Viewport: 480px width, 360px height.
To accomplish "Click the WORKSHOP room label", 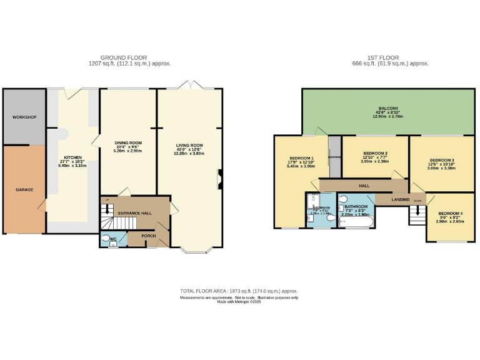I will coord(24,117).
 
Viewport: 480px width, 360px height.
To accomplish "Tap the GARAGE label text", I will coord(24,189).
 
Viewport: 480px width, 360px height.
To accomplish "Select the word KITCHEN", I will coord(73,157).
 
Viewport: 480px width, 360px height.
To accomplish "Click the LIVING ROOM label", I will coord(189,145).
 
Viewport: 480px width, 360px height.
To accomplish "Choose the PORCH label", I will coord(148,236).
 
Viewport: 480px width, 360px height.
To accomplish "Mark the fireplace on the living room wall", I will coord(219,179).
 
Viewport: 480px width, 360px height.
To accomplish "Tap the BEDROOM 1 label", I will coord(301,158).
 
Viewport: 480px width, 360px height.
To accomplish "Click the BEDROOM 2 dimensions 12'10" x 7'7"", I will coord(376,157).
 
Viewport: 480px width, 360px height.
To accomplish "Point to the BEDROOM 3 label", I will coord(441,159).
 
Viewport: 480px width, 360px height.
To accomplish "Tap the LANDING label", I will coord(401,199).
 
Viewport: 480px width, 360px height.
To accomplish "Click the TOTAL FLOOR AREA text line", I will coord(239,291).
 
